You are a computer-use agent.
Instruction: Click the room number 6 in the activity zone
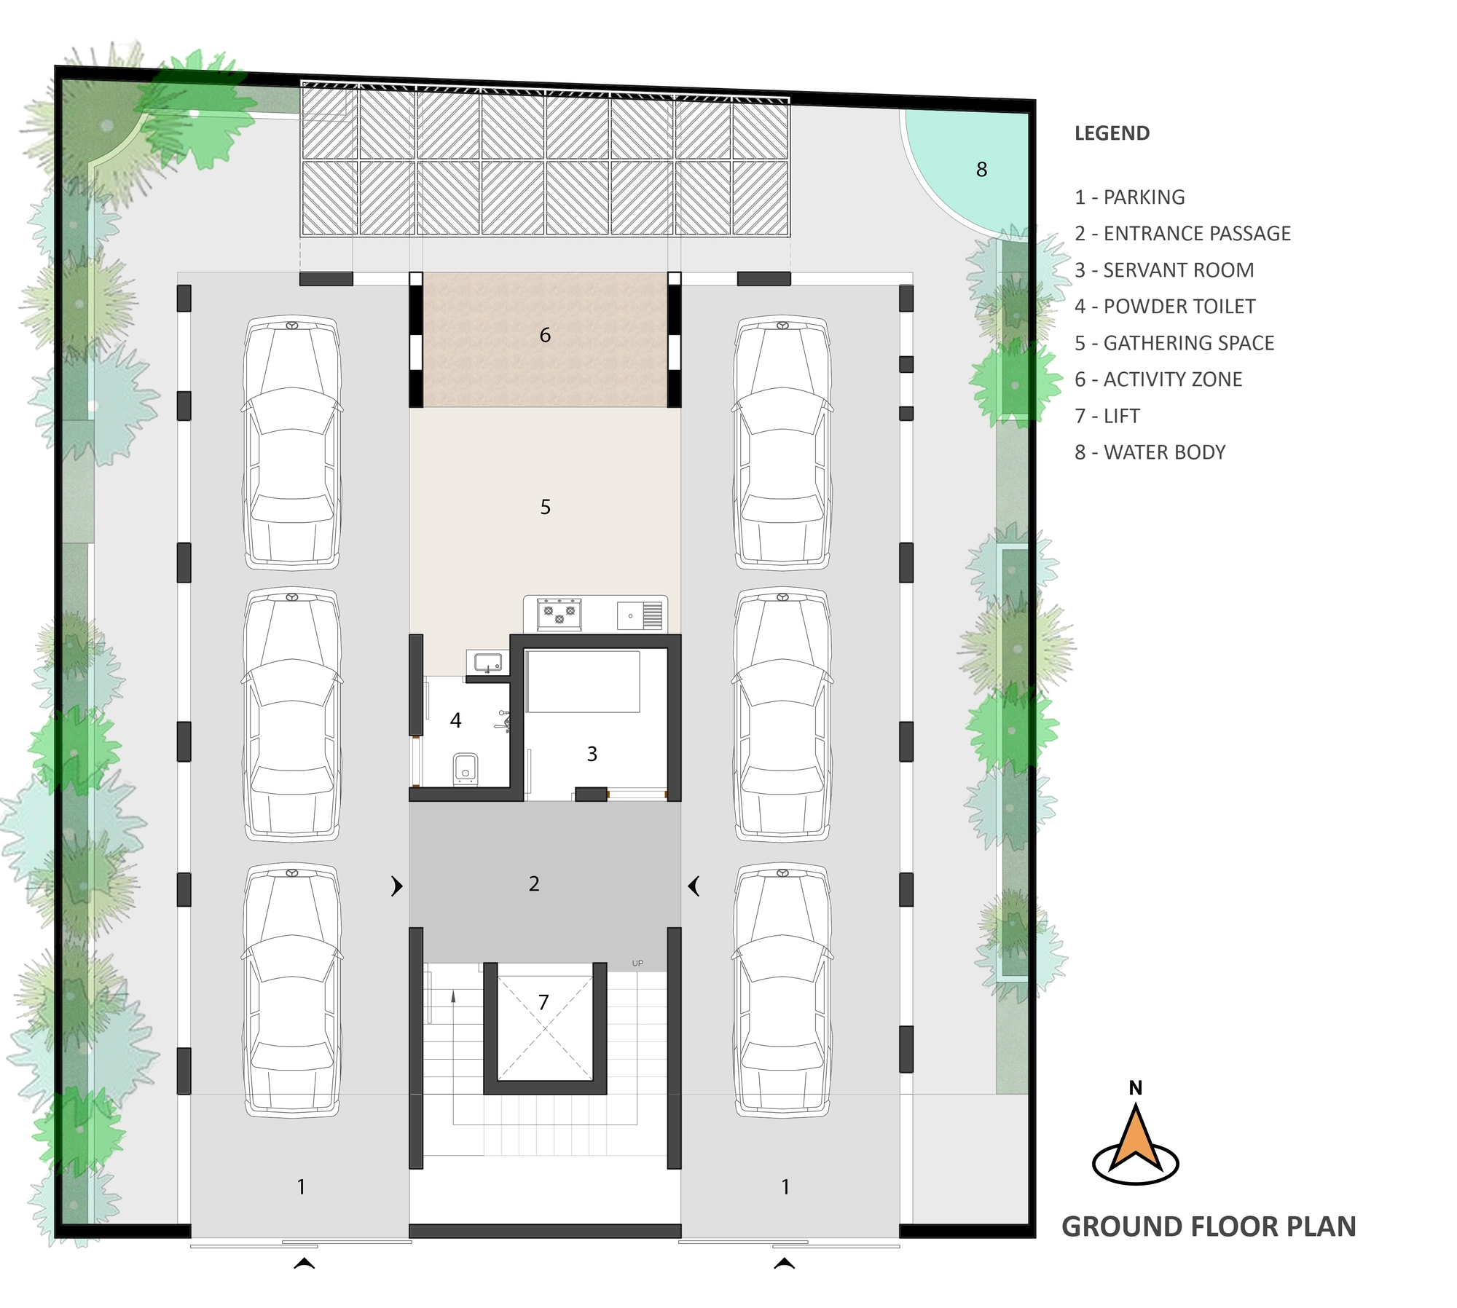tap(545, 335)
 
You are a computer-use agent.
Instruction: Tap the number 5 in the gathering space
tap(546, 507)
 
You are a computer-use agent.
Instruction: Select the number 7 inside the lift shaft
tap(543, 1003)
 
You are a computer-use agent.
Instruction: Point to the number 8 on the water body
tap(982, 170)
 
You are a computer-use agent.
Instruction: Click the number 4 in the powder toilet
tap(456, 720)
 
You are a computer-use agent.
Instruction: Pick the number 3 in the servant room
tap(592, 754)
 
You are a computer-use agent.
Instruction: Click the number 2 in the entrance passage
tap(534, 883)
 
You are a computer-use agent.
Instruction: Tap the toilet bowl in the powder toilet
tap(465, 768)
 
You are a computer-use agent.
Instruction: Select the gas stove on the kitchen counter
tap(559, 614)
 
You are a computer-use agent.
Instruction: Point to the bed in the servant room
tap(583, 682)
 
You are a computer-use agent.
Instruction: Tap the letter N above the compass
tap(1135, 1088)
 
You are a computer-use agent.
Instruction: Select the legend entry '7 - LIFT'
tap(1107, 416)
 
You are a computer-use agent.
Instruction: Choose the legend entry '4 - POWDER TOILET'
tap(1165, 307)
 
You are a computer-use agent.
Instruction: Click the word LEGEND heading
tap(1112, 133)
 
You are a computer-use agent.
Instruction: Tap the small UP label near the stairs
tap(637, 964)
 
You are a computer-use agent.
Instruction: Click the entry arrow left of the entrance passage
tap(397, 886)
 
